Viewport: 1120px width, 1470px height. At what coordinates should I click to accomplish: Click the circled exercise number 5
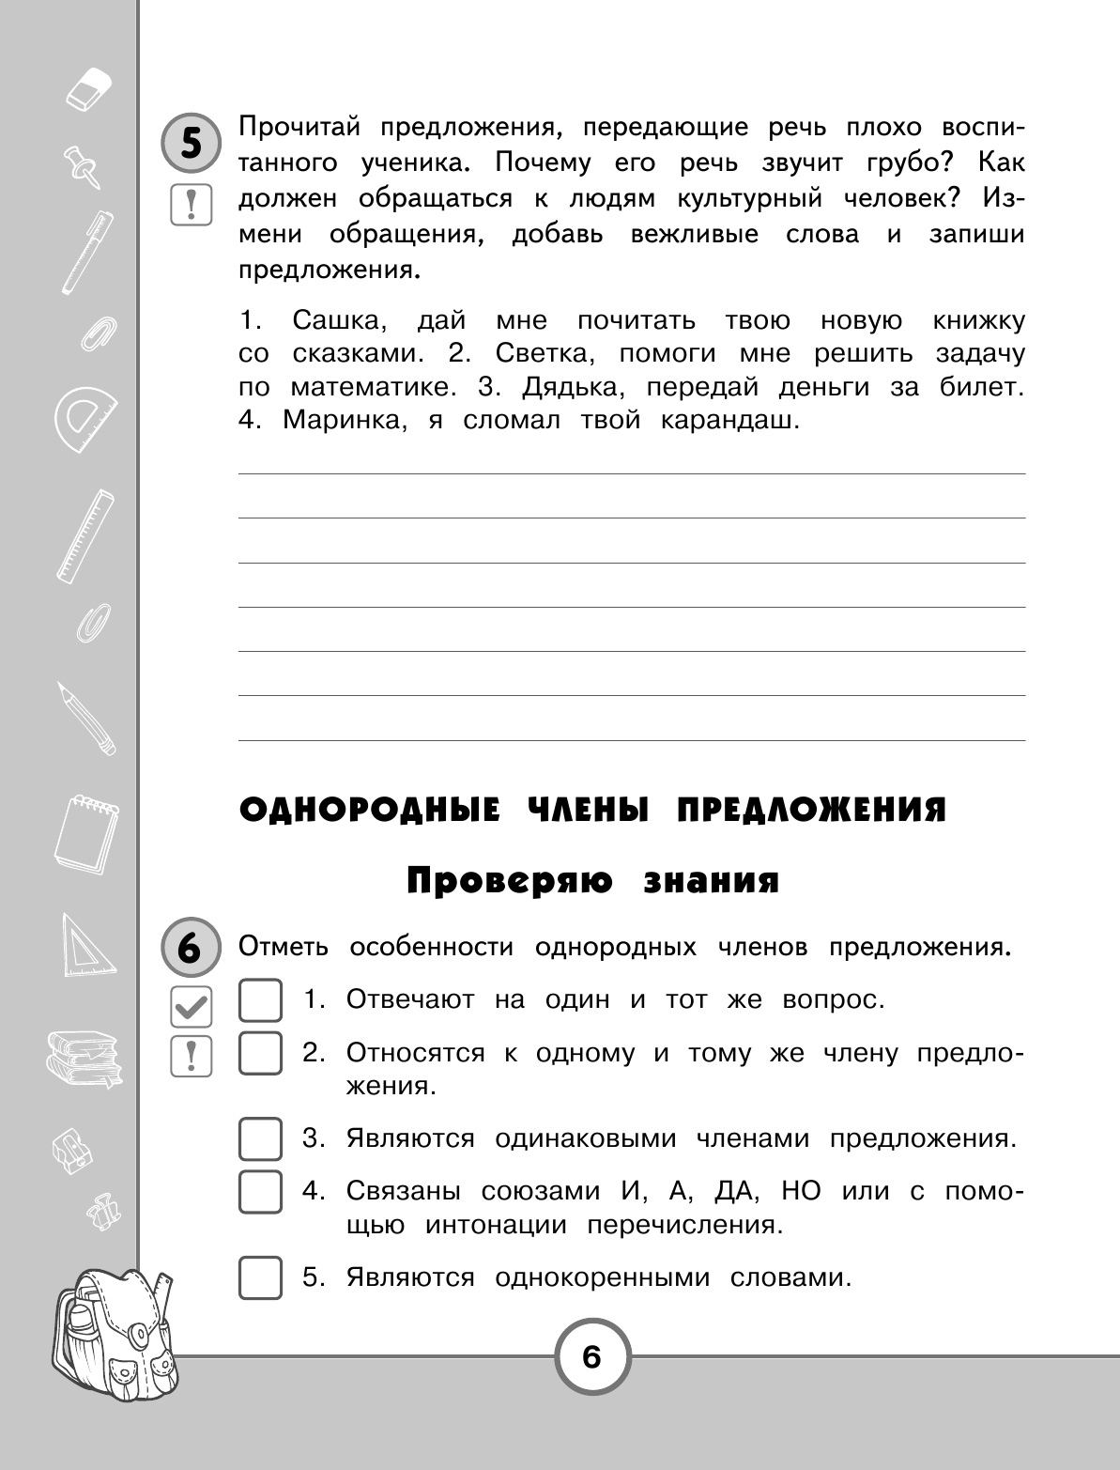coord(191,144)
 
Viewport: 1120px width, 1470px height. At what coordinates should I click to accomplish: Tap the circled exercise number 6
coord(191,949)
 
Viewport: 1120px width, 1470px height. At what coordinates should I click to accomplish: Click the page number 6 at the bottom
coord(591,1357)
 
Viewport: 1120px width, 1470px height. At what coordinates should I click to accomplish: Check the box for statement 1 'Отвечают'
coord(260,1000)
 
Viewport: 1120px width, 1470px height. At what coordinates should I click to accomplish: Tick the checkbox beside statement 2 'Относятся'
coord(260,1053)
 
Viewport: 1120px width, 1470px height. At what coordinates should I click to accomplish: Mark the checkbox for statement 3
coord(260,1139)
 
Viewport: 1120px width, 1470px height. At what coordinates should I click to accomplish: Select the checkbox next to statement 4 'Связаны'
coord(260,1192)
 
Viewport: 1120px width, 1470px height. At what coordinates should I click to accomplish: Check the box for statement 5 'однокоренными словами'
coord(260,1277)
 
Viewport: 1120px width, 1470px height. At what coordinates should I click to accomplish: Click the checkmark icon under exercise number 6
coord(191,1007)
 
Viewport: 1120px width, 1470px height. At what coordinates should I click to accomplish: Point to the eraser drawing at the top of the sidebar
coord(89,87)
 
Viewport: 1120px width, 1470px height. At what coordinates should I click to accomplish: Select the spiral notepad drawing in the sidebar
coord(85,832)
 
